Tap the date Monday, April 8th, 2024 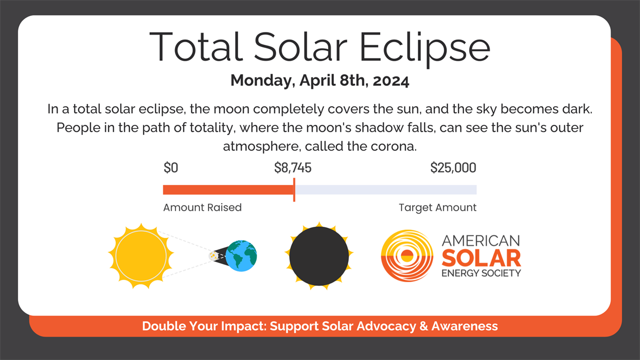319,81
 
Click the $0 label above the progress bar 171,169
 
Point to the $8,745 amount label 293,169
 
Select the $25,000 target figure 453,169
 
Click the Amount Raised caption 202,207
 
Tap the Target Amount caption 437,207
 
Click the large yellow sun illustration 140,255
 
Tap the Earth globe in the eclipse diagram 241,256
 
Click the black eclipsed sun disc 319,256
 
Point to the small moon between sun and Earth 214,256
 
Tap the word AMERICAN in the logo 482,241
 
